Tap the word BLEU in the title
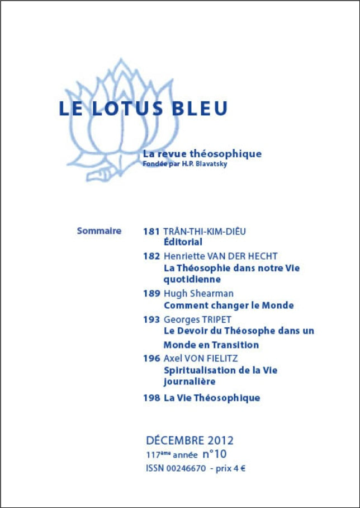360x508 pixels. coord(199,109)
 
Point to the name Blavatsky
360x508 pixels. coord(212,164)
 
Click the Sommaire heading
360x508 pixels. coord(99,231)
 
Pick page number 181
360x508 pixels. coord(151,231)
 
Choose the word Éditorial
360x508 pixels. coord(183,242)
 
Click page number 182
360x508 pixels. coord(151,256)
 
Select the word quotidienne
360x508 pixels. coord(192,279)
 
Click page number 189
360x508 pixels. coord(151,294)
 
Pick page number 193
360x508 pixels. coord(151,319)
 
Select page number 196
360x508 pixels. coord(151,359)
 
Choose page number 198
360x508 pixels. coord(151,398)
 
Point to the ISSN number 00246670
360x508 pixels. coord(186,468)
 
